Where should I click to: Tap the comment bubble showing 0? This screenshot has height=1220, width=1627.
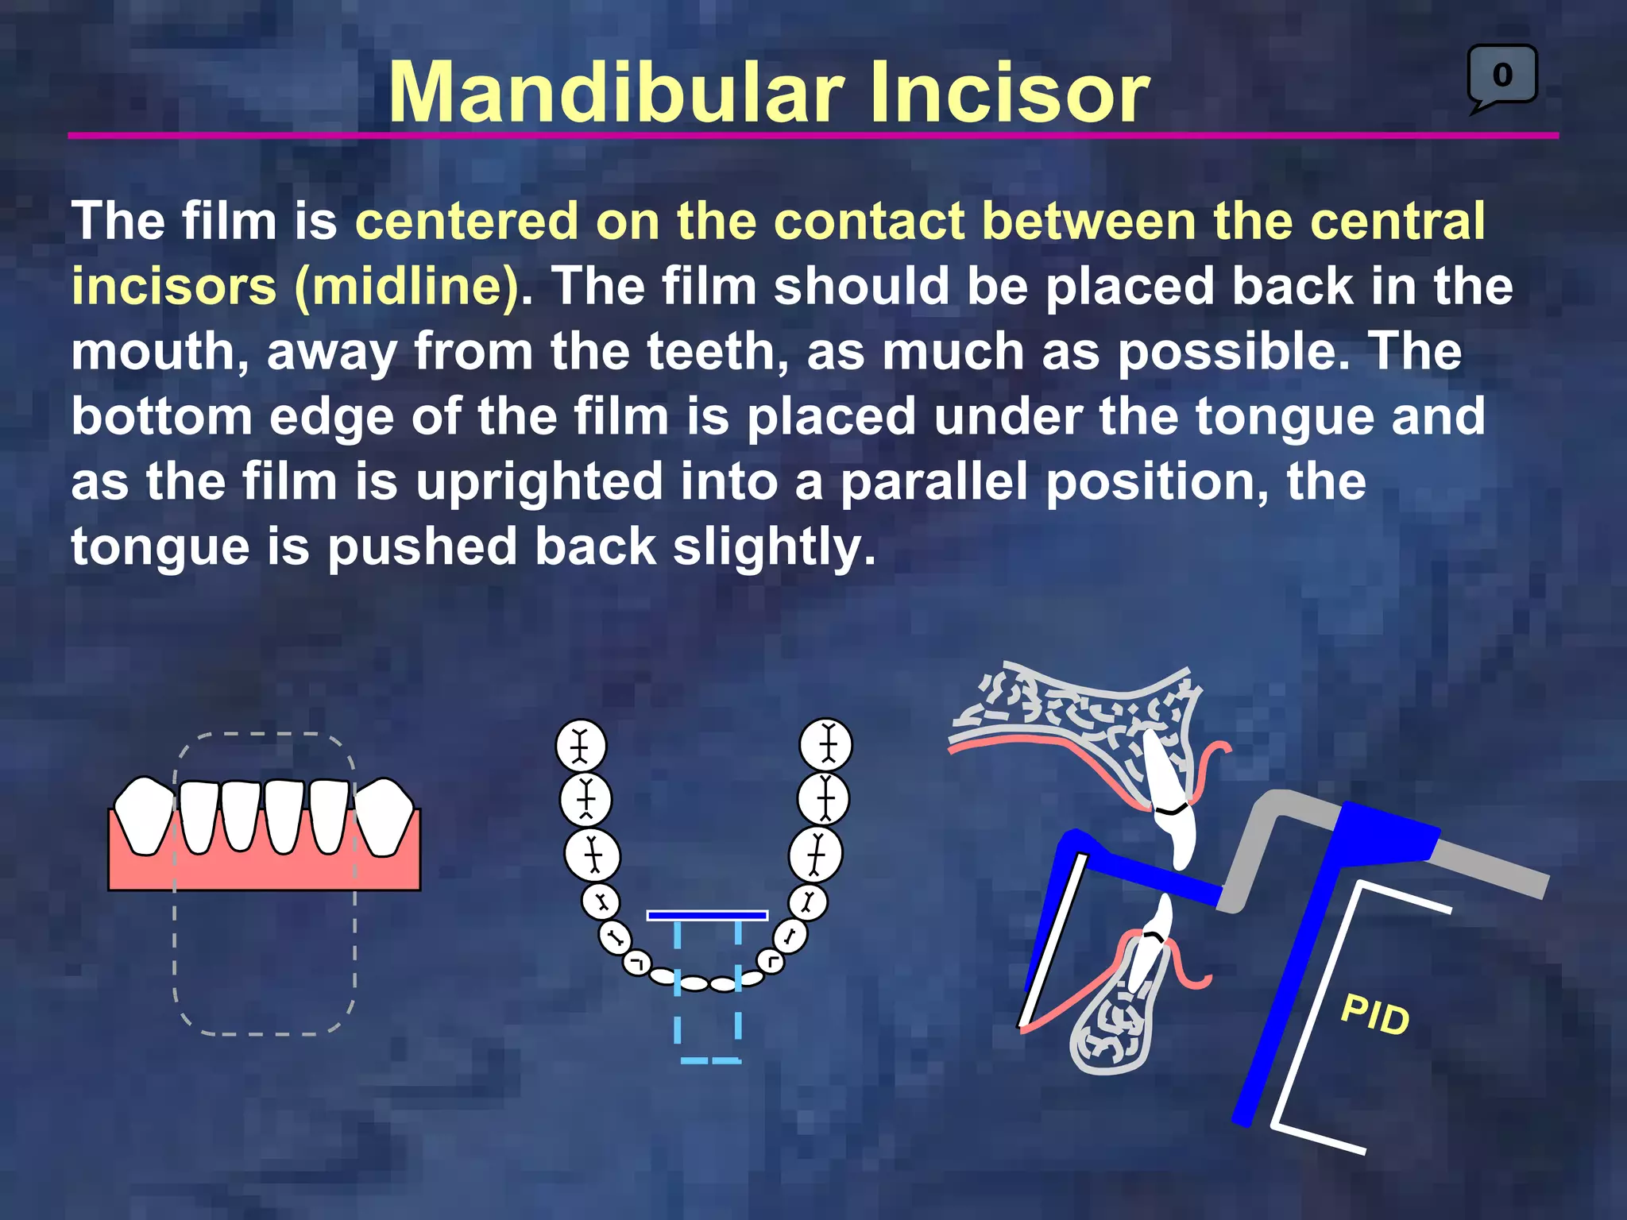(x=1502, y=75)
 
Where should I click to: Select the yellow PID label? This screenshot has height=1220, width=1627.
(x=1374, y=1014)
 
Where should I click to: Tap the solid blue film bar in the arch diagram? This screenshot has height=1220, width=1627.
(x=707, y=916)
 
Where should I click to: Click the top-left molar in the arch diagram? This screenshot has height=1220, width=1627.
(x=581, y=746)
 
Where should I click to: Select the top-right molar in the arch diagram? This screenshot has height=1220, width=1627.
(x=826, y=745)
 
